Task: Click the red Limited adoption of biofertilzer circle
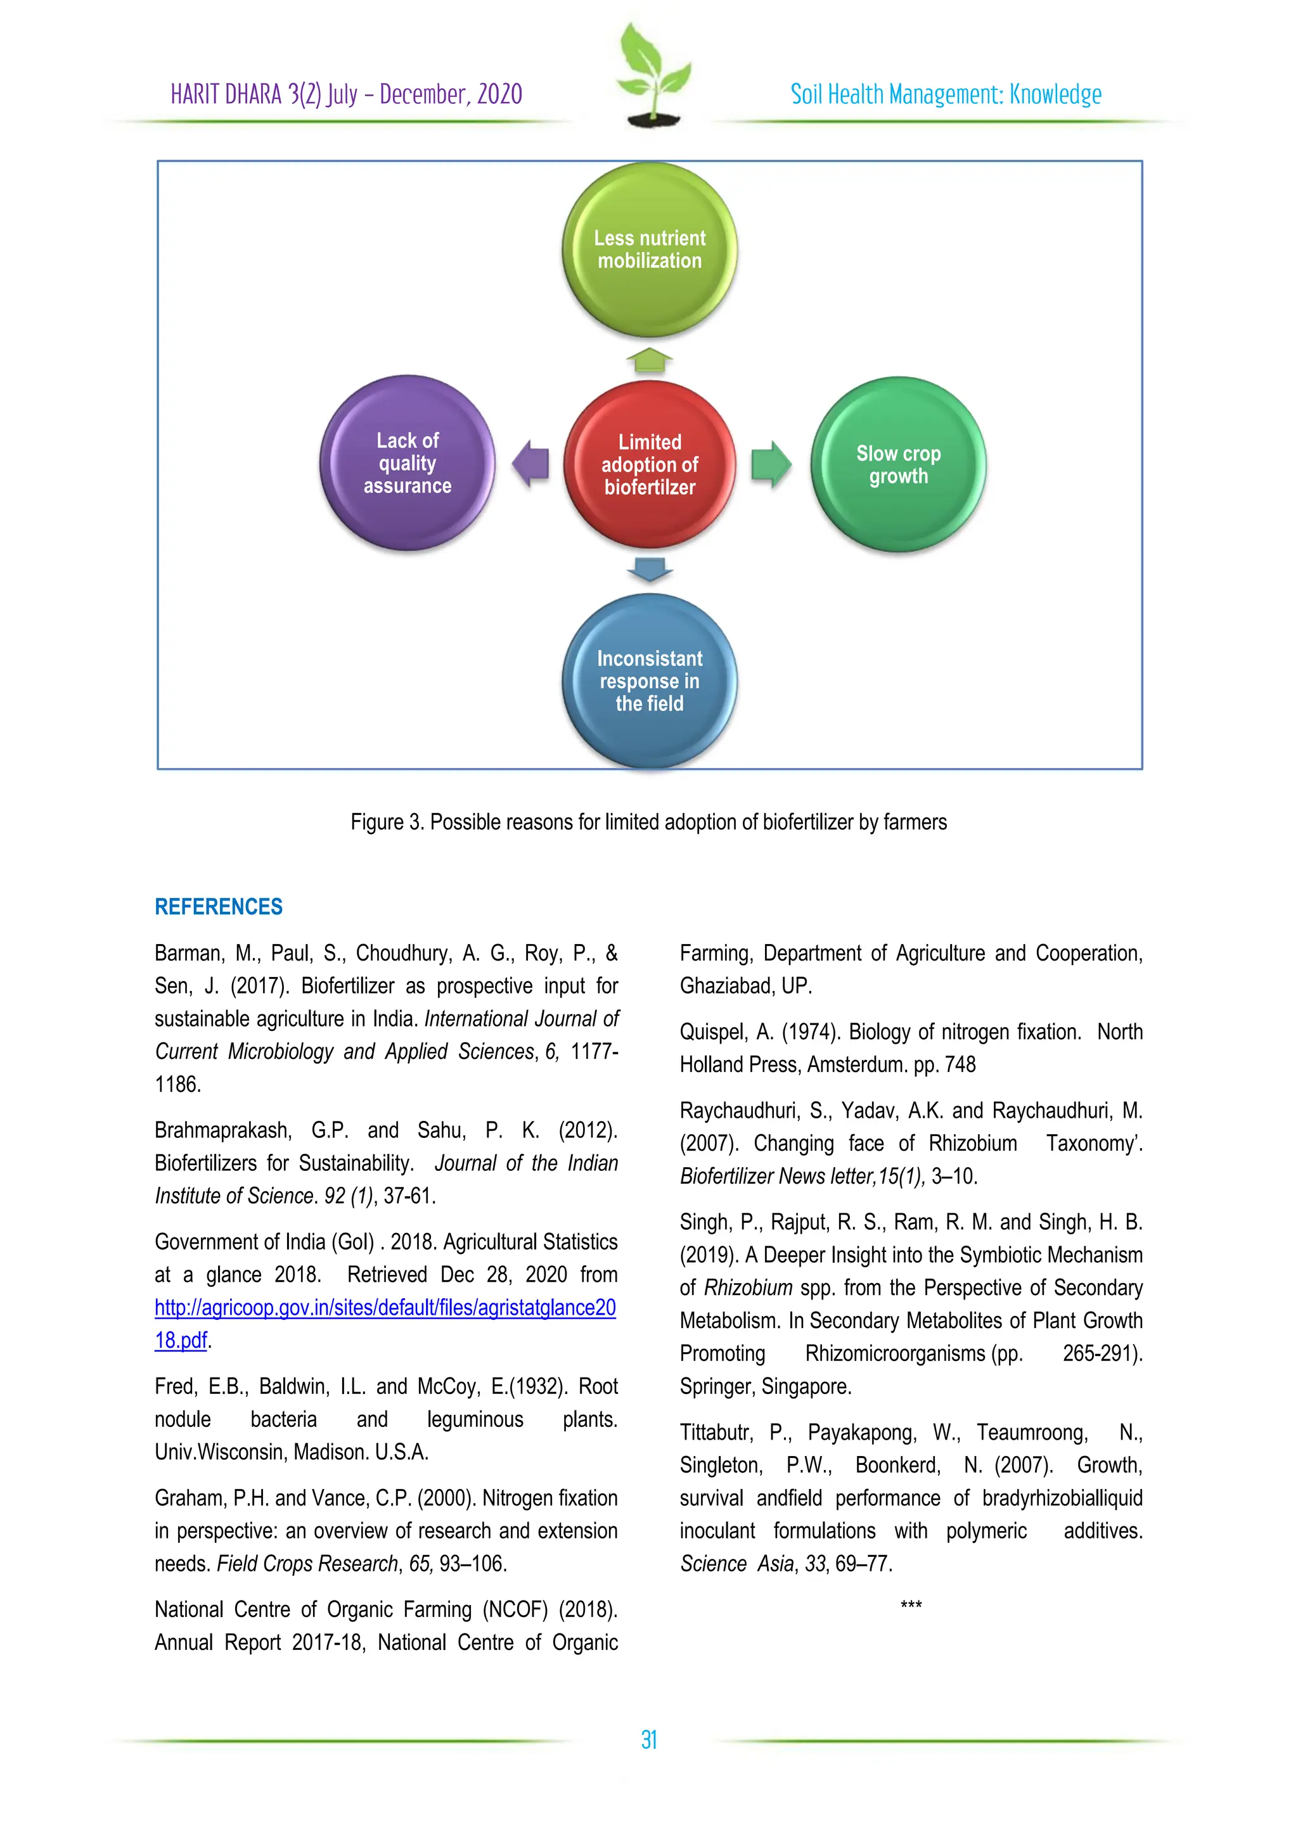(x=649, y=464)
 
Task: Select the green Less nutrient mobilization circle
(x=649, y=250)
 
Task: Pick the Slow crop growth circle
(x=898, y=464)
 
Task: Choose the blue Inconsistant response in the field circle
(x=649, y=681)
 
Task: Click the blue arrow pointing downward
(x=650, y=569)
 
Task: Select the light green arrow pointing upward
(x=650, y=361)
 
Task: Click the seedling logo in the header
(x=653, y=76)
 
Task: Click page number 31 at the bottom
(x=649, y=1740)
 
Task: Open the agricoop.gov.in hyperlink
(x=385, y=1308)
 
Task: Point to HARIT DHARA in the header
(x=227, y=94)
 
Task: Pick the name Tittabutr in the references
(x=716, y=1432)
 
